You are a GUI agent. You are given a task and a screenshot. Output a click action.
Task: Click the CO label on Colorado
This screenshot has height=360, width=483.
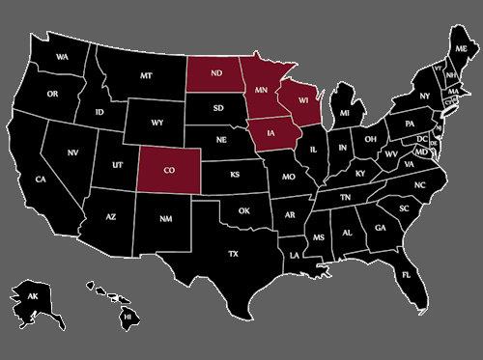pos(170,169)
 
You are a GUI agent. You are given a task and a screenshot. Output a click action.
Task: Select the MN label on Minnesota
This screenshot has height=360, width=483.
pos(261,89)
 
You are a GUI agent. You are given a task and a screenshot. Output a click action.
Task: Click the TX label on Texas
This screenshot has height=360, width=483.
pos(233,253)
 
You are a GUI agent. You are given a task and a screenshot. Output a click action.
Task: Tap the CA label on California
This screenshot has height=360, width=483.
pos(41,180)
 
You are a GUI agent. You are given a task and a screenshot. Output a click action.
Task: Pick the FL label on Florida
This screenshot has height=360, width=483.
pos(407,274)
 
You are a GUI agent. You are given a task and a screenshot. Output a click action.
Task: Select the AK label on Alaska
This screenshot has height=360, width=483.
pos(33,295)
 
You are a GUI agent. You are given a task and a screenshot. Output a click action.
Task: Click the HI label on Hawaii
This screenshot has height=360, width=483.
pos(126,316)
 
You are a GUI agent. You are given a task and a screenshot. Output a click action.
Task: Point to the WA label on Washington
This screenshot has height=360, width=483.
pos(63,57)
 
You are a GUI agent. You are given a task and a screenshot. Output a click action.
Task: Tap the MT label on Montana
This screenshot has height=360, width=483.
pos(147,75)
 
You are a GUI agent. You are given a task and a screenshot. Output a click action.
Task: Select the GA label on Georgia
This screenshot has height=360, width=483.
pos(381,228)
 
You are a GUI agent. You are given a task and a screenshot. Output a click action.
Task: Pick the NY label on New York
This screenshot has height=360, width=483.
pos(423,96)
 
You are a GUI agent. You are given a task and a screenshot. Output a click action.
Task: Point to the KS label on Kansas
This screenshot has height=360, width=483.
pos(234,176)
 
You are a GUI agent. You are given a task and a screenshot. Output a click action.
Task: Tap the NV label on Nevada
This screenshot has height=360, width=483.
pos(72,152)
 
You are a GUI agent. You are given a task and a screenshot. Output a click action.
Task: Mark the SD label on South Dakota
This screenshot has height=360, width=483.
pos(218,108)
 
